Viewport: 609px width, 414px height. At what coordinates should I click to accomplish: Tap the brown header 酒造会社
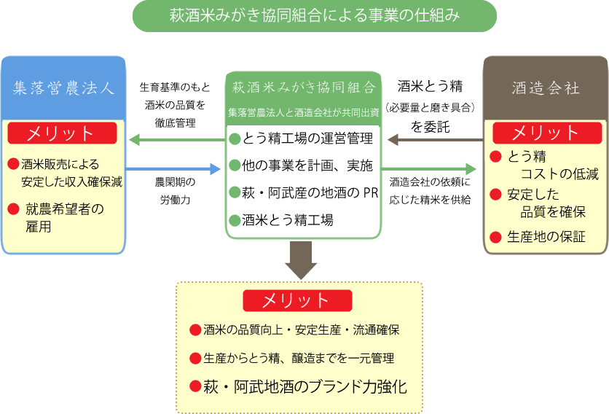(x=546, y=88)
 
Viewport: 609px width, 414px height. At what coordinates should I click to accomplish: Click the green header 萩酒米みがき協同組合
(x=303, y=87)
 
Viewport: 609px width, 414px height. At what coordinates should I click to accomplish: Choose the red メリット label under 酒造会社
(x=546, y=133)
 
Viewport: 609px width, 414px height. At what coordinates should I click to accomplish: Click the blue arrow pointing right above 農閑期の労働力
(x=173, y=169)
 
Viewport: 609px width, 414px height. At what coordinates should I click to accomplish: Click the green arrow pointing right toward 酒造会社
(x=433, y=169)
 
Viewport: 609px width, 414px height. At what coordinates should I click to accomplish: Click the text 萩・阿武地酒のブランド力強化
(x=304, y=386)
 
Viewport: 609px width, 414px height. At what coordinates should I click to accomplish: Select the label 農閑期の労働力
(x=173, y=191)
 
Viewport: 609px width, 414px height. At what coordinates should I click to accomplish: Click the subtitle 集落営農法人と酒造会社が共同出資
(x=303, y=113)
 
